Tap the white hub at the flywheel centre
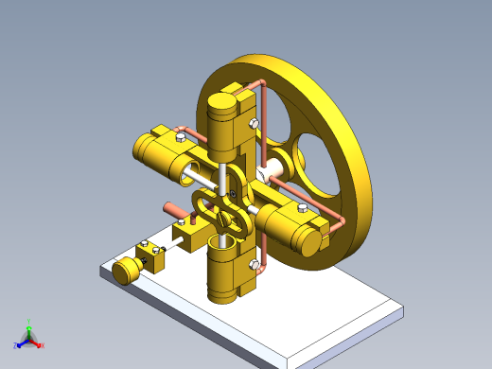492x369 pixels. click(273, 170)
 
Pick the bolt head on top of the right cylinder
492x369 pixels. click(300, 208)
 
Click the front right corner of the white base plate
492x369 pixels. click(401, 310)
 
